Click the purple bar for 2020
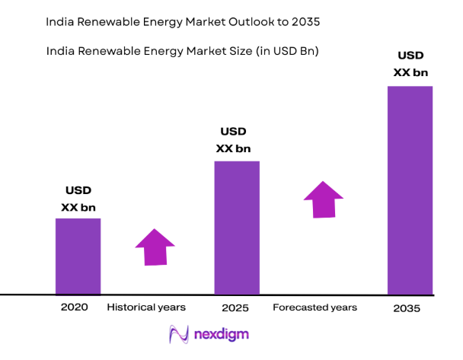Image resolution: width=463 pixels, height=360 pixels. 78,256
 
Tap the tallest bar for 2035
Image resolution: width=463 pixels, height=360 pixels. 410,190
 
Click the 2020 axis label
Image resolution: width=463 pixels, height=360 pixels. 75,307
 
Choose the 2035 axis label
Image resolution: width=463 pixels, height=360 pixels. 407,309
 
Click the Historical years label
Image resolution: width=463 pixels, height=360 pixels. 146,307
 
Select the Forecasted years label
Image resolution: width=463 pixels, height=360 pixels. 315,307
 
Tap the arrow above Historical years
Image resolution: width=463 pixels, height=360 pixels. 155,247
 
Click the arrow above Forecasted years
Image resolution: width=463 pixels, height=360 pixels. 324,199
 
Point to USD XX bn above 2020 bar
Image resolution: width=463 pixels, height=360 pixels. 78,198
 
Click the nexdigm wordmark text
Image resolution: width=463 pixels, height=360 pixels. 221,334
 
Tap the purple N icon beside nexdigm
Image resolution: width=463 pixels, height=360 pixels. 177,334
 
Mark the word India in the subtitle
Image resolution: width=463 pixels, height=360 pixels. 60,52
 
